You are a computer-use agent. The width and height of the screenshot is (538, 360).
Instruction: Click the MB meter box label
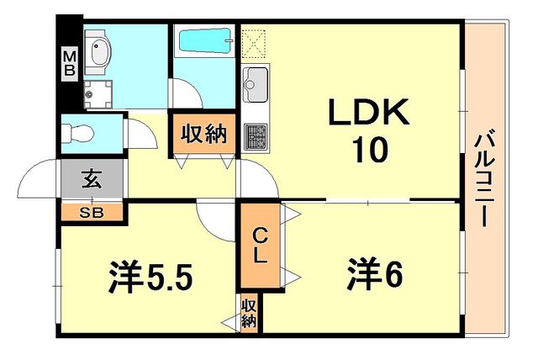point(70,63)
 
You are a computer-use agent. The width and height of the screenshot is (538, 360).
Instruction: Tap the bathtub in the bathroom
point(205,41)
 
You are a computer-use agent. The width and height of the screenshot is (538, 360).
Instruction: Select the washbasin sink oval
point(101,52)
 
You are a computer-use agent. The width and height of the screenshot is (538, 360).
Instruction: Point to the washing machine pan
point(98,94)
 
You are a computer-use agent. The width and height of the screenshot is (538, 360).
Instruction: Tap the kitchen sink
point(255,85)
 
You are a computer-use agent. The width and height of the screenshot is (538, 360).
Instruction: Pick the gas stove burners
point(256,137)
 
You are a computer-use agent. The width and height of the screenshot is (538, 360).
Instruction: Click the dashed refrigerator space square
point(254,42)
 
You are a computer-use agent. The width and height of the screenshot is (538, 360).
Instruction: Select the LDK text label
point(369,112)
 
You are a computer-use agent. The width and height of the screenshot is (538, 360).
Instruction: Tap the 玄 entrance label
point(92,179)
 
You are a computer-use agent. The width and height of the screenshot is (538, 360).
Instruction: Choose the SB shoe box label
point(92,213)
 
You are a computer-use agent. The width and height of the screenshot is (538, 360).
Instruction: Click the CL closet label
point(260,246)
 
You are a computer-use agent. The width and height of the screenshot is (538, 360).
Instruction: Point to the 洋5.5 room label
point(150,276)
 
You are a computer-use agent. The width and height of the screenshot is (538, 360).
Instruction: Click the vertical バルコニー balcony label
point(484,179)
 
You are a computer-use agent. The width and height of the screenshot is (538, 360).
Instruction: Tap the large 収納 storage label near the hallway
point(203,135)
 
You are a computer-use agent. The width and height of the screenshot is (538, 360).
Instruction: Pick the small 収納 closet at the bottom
point(249,313)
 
